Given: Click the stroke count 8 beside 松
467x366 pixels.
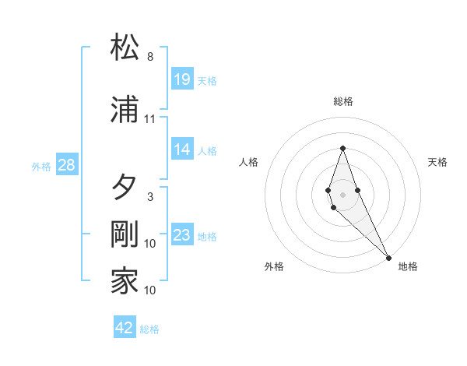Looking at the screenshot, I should (x=150, y=57).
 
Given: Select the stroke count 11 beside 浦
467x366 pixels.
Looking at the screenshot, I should (x=150, y=119).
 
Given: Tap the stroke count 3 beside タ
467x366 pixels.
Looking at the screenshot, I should (x=150, y=197).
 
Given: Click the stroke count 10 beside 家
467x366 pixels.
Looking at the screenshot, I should (x=150, y=290).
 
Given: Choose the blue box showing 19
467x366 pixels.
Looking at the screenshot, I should (x=182, y=79).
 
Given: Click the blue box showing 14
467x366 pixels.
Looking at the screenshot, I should (x=182, y=150).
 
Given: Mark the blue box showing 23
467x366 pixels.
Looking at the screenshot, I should (x=182, y=235).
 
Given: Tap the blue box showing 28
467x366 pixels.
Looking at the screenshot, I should (x=67, y=165).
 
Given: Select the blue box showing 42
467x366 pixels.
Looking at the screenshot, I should (x=125, y=328).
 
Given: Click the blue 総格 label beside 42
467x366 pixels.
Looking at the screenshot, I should (x=149, y=329).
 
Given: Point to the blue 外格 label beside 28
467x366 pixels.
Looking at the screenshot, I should (x=41, y=166).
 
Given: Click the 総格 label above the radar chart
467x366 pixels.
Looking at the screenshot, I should (x=342, y=101).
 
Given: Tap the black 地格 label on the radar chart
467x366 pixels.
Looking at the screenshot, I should (x=408, y=266).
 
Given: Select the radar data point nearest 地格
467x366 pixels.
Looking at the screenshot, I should (x=388, y=256).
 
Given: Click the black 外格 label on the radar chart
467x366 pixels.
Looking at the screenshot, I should (x=274, y=266).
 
